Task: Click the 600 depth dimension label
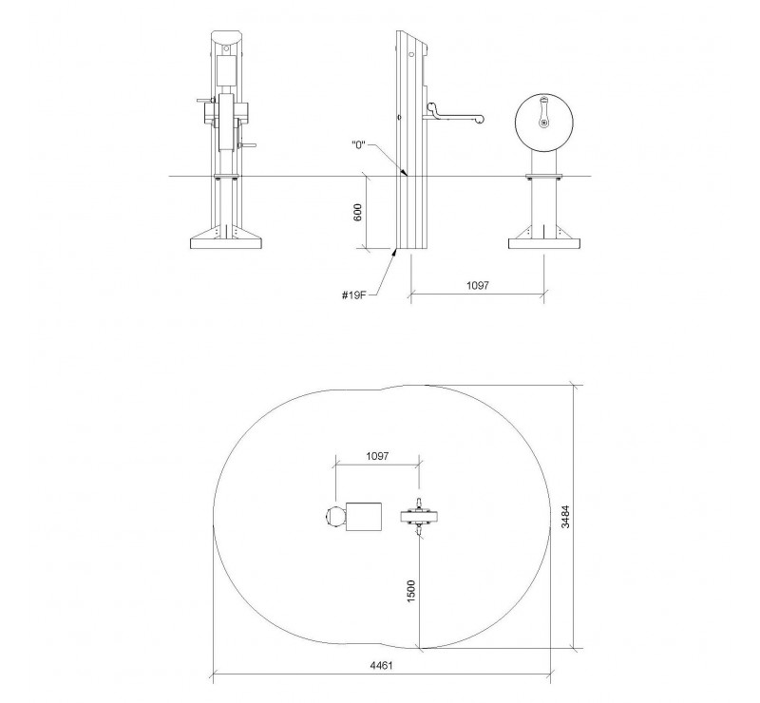[x=358, y=213]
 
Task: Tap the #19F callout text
[x=353, y=294]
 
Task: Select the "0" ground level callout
[x=358, y=145]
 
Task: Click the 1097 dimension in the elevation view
[x=478, y=286]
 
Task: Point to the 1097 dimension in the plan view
[x=377, y=456]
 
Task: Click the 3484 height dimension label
[x=565, y=517]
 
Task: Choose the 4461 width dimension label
[x=382, y=665]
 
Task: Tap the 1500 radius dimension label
[x=410, y=591]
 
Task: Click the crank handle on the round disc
[x=543, y=112]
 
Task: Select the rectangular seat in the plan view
[x=364, y=517]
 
